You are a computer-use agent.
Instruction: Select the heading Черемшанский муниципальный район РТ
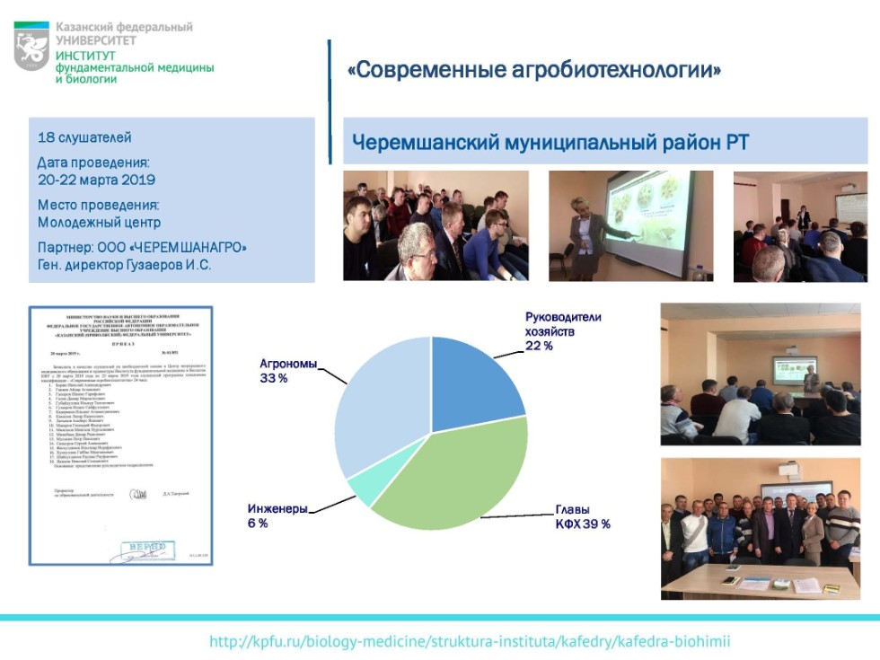pyautogui.click(x=550, y=143)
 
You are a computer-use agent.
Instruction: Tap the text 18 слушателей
pyautogui.click(x=84, y=138)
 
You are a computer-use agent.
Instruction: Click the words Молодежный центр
pyautogui.click(x=99, y=222)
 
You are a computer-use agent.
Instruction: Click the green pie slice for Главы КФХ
pyautogui.click(x=449, y=476)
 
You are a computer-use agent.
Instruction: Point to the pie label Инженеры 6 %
pyautogui.click(x=277, y=515)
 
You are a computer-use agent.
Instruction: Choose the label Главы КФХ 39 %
pyautogui.click(x=582, y=517)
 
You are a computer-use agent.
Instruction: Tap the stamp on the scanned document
pyautogui.click(x=145, y=548)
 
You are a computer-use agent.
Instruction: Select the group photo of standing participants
pyautogui.click(x=761, y=529)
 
